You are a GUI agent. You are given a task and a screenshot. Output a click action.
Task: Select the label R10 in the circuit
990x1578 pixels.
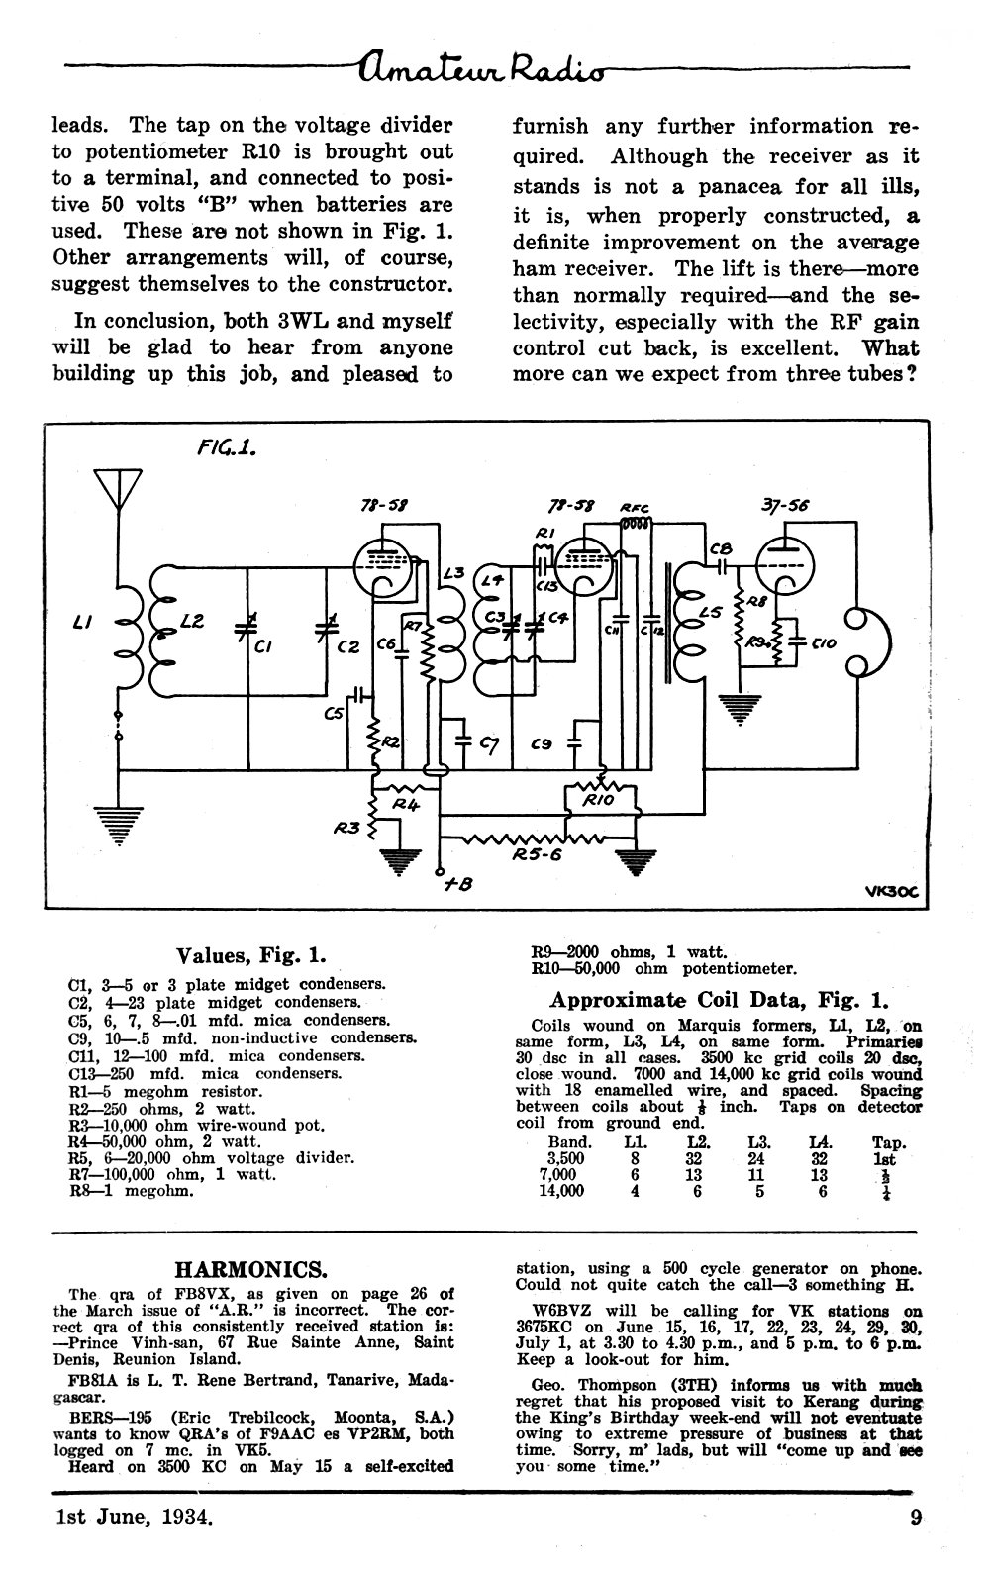click(x=598, y=800)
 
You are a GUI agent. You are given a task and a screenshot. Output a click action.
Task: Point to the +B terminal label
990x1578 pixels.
click(x=458, y=883)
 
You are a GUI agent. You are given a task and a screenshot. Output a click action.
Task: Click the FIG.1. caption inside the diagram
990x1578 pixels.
click(x=226, y=448)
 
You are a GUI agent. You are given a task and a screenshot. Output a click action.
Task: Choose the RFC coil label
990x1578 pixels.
click(x=635, y=508)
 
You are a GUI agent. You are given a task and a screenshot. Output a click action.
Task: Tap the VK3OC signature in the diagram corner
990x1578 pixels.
click(x=892, y=893)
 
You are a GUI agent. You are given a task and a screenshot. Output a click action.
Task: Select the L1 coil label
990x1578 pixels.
click(x=82, y=622)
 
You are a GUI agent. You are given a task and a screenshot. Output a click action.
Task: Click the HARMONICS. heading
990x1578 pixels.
click(x=250, y=1269)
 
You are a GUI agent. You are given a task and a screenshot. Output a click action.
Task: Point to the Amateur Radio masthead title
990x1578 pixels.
click(x=482, y=67)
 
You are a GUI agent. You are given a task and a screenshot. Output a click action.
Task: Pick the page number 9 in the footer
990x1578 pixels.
click(x=915, y=1516)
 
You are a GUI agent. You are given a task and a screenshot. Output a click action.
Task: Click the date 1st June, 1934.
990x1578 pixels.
click(x=134, y=1516)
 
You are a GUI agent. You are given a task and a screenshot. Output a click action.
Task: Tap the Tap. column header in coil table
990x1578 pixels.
click(x=889, y=1142)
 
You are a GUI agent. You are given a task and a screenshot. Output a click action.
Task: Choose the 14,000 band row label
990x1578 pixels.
click(x=561, y=1191)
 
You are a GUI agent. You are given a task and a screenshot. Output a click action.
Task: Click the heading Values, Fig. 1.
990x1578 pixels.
click(x=250, y=955)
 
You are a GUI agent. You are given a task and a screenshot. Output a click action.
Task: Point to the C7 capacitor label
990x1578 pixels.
click(x=488, y=742)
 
